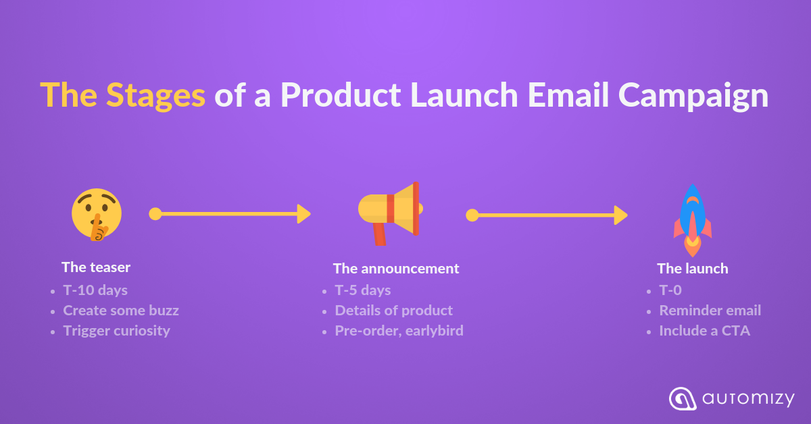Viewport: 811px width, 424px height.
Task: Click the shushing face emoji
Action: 97,215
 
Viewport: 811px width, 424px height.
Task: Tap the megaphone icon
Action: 391,213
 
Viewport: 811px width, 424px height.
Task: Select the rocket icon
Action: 693,221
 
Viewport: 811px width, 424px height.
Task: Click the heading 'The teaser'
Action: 96,267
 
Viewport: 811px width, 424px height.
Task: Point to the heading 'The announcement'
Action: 396,269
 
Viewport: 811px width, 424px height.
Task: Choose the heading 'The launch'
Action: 693,269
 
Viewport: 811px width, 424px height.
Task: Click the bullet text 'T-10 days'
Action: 95,290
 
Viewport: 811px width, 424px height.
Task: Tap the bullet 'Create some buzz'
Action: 121,311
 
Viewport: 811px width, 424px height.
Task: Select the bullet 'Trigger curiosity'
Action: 116,331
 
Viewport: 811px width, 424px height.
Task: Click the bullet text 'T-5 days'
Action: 363,290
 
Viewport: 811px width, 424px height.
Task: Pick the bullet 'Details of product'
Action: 394,311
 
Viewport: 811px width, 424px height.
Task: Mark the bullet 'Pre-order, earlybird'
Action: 399,331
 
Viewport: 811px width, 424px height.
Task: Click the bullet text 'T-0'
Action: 670,290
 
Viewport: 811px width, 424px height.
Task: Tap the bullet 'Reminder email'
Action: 710,311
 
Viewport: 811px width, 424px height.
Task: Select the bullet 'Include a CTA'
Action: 704,331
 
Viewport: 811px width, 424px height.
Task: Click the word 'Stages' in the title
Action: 155,96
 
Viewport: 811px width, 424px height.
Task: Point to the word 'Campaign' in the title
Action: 693,96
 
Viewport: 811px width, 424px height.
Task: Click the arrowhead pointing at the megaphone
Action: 303,214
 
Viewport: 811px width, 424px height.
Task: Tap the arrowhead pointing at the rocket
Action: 620,215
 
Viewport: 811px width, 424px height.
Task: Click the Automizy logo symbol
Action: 683,398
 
